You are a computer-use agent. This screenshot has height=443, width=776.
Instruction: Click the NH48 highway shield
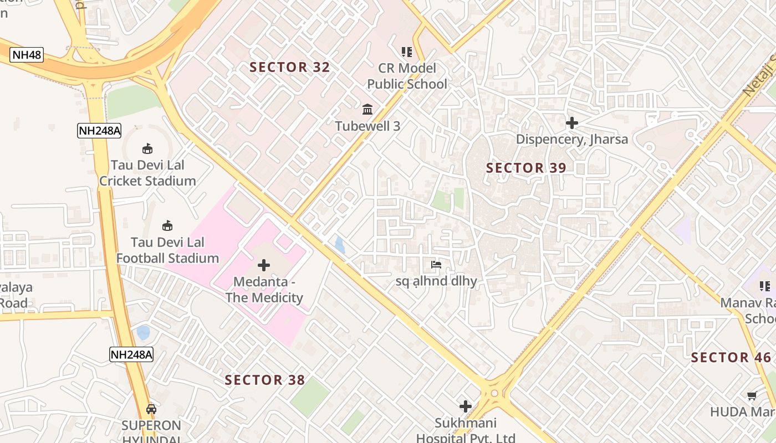coord(26,55)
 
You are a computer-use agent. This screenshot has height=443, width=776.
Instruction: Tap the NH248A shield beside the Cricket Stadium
coord(99,131)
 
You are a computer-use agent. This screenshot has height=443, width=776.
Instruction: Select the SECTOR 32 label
coord(289,68)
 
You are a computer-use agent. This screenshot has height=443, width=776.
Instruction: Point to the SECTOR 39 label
coord(526,168)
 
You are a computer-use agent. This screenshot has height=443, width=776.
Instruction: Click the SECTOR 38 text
coord(265,380)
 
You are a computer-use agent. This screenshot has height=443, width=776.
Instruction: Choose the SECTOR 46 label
coord(731,358)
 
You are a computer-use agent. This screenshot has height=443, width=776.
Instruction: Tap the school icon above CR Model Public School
coord(407,52)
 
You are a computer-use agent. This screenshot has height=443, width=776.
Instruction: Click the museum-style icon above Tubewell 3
coord(367,110)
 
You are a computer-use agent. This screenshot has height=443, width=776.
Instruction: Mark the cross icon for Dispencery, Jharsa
coord(571,123)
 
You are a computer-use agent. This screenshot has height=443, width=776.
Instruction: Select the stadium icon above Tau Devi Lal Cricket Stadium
coord(147,148)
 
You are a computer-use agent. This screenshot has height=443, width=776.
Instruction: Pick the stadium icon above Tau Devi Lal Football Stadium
coord(167,225)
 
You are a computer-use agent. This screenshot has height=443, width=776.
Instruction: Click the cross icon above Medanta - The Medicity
coord(264,265)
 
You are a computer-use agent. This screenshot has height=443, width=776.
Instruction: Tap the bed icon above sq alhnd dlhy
coord(436,265)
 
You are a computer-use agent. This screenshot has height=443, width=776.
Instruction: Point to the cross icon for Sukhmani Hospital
coord(466,406)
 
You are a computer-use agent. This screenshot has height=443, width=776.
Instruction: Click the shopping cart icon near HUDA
coord(752,395)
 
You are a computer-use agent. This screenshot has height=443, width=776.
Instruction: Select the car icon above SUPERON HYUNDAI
coord(151,409)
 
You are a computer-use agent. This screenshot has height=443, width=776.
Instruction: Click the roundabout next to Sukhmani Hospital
coord(494,393)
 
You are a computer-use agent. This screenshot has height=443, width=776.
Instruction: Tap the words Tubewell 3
coord(367,126)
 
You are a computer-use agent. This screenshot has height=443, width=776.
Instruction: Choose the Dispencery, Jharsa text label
coord(571,139)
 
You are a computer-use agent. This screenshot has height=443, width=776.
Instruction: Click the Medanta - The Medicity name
coord(264,290)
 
